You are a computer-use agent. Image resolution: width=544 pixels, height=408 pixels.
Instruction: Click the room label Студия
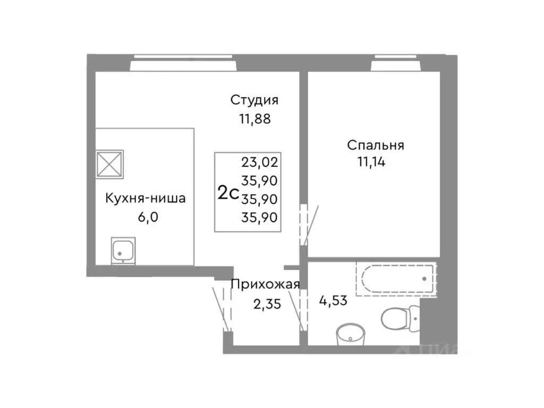(254, 100)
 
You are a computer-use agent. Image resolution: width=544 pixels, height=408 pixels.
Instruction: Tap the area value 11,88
(254, 118)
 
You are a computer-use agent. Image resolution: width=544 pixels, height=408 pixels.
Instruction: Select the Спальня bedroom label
(376, 145)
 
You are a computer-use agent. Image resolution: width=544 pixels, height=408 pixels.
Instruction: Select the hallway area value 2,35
(266, 304)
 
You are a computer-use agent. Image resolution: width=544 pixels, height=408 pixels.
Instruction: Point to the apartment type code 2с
(228, 193)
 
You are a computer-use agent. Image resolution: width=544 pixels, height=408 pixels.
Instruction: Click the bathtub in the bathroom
(395, 278)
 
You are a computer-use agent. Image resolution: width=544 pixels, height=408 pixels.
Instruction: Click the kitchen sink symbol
(123, 250)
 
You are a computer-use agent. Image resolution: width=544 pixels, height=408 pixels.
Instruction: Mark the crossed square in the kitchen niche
(109, 163)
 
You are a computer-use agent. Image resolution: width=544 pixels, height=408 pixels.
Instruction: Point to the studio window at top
(183, 64)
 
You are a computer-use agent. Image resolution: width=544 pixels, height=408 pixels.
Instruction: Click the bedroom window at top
(396, 64)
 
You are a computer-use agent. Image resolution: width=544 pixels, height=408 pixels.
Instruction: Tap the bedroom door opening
(304, 223)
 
